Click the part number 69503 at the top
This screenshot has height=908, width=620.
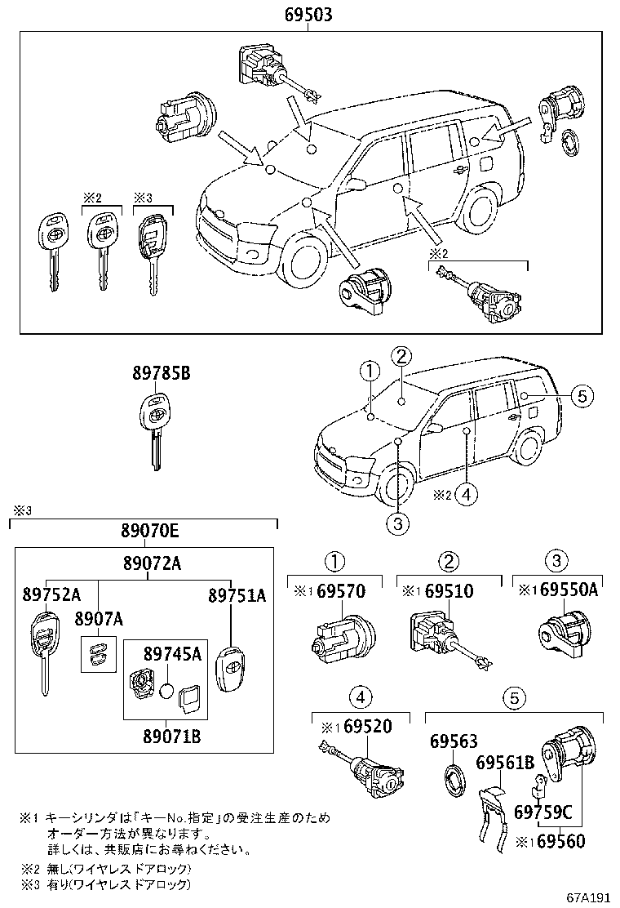(308, 15)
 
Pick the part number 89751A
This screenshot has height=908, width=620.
(237, 595)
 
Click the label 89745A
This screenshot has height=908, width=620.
(171, 653)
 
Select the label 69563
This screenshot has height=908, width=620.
(453, 741)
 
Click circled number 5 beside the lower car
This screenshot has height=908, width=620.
(580, 396)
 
